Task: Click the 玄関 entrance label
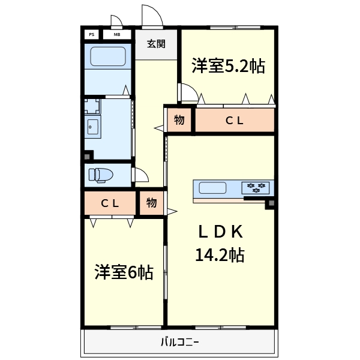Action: pos(156,44)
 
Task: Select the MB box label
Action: pos(116,34)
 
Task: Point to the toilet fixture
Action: pos(100,175)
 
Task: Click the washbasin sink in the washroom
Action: pos(93,127)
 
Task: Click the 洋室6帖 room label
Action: pos(123,273)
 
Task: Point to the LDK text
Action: pos(220,232)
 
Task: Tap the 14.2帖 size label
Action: pos(220,255)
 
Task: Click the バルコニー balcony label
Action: pos(179,343)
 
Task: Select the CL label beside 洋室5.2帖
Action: pos(234,120)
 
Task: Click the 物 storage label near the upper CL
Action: pos(179,120)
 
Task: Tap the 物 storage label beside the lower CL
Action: pos(151,203)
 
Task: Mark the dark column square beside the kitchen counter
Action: pos(269,203)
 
